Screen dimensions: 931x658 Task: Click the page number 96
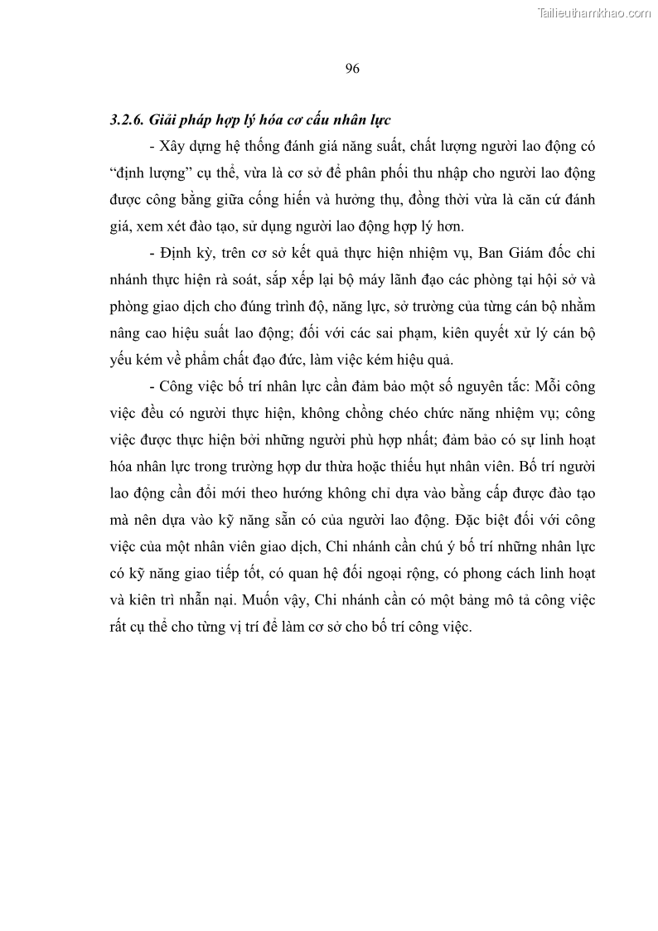351,69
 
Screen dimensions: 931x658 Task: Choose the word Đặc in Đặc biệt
473,521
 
